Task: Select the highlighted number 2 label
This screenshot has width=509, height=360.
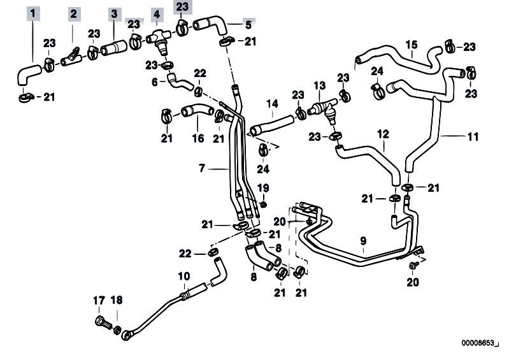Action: (73, 13)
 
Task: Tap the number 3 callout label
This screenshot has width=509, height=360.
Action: (114, 13)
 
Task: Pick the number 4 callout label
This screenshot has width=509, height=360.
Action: (155, 13)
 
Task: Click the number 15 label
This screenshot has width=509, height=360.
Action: (411, 45)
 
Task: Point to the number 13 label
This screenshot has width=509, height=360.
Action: (319, 85)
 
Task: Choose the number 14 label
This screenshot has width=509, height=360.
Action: (272, 103)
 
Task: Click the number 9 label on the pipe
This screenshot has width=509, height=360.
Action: (363, 240)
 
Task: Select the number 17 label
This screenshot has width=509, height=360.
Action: (99, 301)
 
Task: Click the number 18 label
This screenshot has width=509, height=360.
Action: (116, 301)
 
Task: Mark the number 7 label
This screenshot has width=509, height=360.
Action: (202, 168)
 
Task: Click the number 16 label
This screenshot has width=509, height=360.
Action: (197, 138)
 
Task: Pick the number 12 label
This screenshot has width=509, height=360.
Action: (382, 135)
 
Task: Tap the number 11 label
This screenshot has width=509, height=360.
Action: (472, 136)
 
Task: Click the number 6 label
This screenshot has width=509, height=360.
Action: (155, 82)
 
